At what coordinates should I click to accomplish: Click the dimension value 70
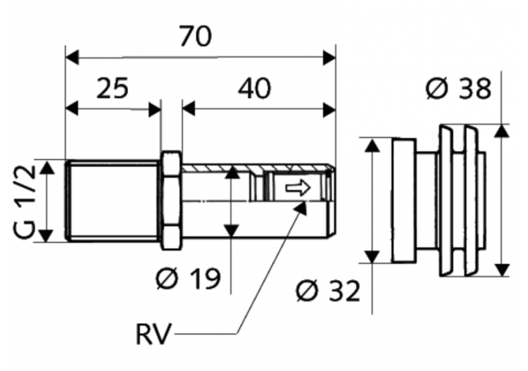(196, 37)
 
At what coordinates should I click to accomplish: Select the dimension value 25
(113, 88)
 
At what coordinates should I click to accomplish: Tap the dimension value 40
(254, 88)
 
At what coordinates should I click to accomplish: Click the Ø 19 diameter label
(188, 278)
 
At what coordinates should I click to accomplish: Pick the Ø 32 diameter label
(328, 291)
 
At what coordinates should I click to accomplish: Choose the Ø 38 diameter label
(458, 89)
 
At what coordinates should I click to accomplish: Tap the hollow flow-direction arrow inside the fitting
(298, 188)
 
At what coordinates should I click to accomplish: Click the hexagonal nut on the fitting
(170, 201)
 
